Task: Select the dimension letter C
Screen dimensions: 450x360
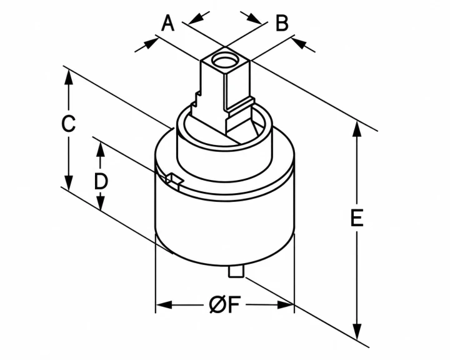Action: click(68, 124)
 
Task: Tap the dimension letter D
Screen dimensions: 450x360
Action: click(101, 181)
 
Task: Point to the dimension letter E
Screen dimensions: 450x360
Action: click(357, 218)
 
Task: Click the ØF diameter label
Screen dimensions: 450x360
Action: click(224, 304)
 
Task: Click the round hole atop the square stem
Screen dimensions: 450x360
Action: click(224, 61)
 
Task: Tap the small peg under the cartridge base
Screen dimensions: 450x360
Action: click(236, 272)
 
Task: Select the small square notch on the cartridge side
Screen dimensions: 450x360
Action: click(174, 181)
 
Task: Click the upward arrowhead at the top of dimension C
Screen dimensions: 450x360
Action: click(69, 77)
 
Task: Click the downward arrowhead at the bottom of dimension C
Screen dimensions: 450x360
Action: click(69, 182)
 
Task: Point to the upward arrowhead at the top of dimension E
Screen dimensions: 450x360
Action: click(357, 129)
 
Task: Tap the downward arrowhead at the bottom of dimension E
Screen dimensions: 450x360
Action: click(357, 332)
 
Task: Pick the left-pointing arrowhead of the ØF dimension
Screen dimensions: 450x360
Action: click(164, 305)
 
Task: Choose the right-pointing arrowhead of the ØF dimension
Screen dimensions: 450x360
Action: click(286, 305)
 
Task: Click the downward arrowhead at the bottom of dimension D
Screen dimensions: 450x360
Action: click(100, 202)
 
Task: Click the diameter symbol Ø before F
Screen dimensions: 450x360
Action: click(217, 304)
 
